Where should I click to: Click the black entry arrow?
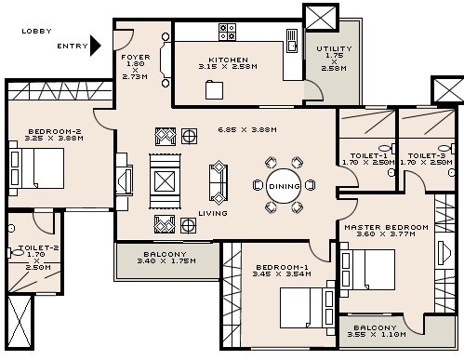click(95, 46)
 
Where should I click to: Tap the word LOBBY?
click(37, 31)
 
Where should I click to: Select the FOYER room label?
click(135, 57)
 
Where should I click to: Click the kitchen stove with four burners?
click(228, 33)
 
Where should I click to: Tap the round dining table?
click(284, 186)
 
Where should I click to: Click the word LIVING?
click(213, 213)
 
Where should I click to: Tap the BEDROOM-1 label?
click(276, 268)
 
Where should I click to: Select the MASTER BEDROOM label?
click(386, 227)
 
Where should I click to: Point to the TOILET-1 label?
click(367, 155)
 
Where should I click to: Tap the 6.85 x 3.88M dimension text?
click(246, 129)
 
